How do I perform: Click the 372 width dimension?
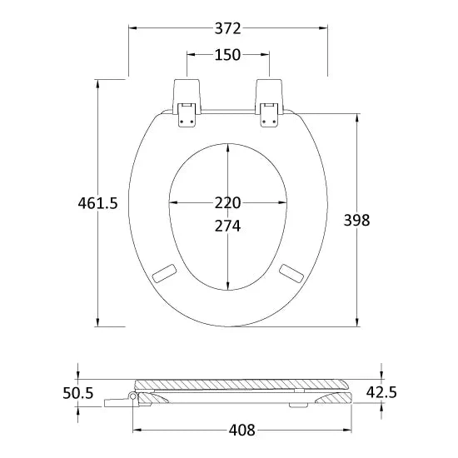point(228,28)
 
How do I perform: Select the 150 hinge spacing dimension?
point(228,55)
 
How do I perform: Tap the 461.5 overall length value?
point(98,203)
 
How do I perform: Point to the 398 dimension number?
point(356,220)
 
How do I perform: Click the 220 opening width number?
point(228,202)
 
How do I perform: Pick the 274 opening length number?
point(228,226)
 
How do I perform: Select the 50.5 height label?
point(78,393)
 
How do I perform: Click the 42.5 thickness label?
point(381,392)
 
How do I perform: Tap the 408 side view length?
point(241,430)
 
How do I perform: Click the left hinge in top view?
point(187,102)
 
